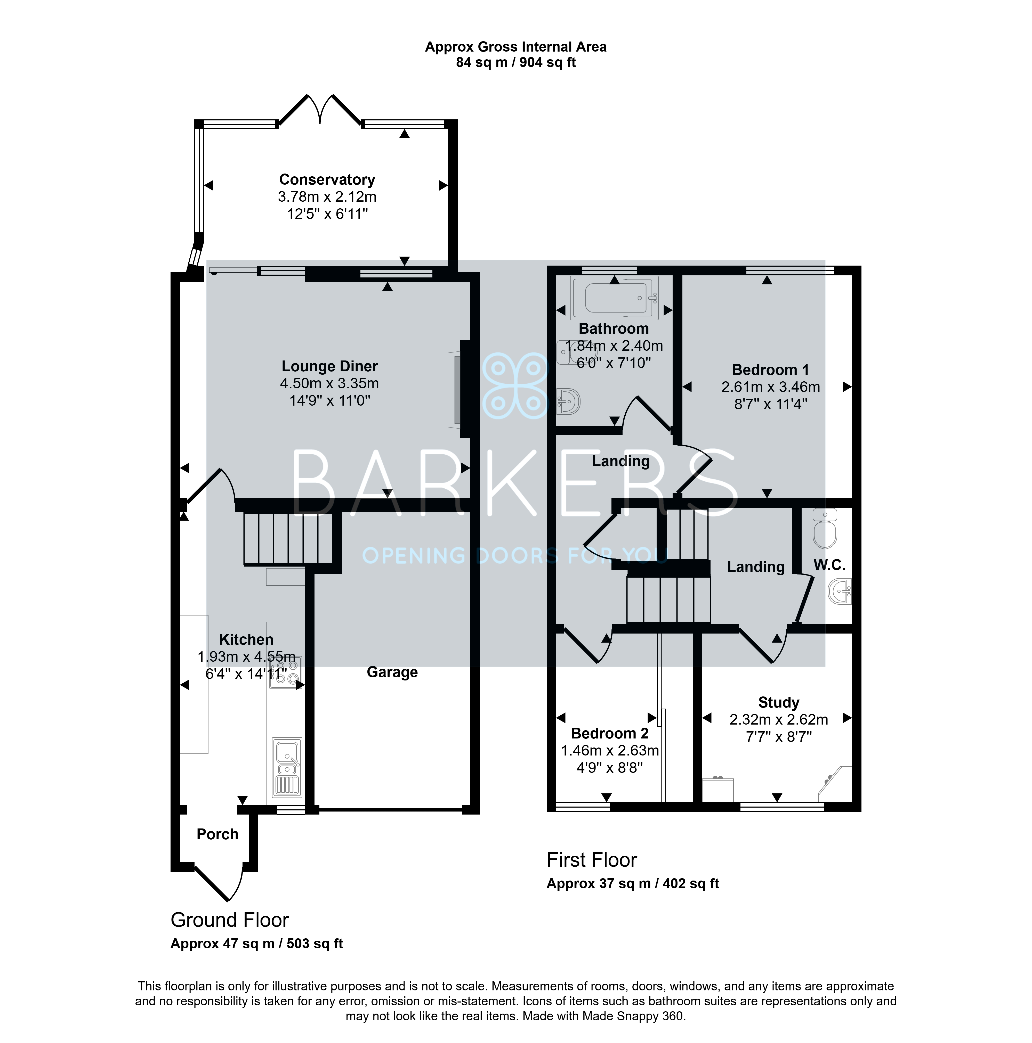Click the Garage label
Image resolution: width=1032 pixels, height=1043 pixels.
pyautogui.click(x=392, y=672)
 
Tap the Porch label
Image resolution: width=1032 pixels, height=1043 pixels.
pyautogui.click(x=217, y=834)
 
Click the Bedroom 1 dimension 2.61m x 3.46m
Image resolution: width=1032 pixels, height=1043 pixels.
pyautogui.click(x=771, y=387)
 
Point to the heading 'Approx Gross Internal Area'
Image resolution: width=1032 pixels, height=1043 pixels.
pyautogui.click(x=516, y=47)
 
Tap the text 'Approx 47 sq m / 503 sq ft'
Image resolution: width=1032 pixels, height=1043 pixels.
pyautogui.click(x=256, y=944)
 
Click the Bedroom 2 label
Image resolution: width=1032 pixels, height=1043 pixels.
pyautogui.click(x=610, y=733)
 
